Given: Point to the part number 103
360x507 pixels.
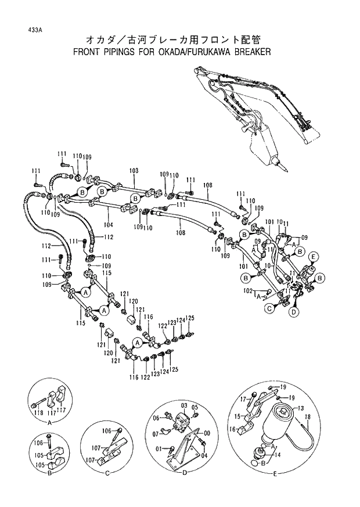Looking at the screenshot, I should (x=134, y=171).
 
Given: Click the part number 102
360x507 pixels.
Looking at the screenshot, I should (x=247, y=290).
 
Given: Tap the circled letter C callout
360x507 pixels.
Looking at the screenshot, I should (x=270, y=309).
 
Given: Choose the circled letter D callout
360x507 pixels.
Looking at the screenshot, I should (x=294, y=312).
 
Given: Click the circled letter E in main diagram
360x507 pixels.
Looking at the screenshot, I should (x=314, y=257).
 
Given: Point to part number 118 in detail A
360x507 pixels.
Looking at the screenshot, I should (x=39, y=412).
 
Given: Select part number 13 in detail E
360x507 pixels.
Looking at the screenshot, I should (x=300, y=408).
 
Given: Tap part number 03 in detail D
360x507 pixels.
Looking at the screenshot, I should (x=183, y=404).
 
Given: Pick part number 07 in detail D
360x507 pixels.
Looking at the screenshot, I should (x=156, y=433).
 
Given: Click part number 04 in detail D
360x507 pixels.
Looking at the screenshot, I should (x=204, y=455).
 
